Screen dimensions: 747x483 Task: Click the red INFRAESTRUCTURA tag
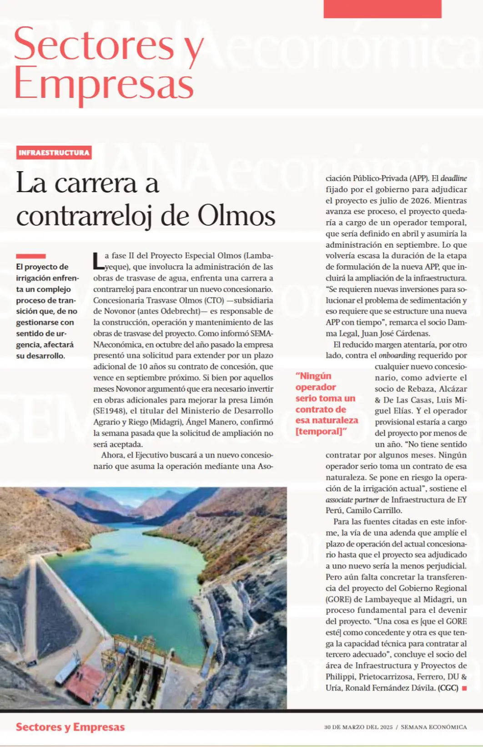pos(54,152)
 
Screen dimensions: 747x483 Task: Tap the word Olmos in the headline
pos(236,216)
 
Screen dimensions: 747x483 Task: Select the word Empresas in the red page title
pos(104,83)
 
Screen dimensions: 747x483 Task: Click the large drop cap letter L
pos(98,261)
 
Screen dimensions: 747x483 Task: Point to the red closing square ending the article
pos(464,688)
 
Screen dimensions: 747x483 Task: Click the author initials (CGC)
pos(448,688)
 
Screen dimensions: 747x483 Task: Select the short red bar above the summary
pos(31,256)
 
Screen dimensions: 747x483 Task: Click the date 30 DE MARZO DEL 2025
pos(358,727)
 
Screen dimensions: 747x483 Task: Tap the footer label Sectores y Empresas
pos(70,727)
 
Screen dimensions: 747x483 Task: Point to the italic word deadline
pos(453,178)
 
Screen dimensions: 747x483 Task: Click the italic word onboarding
pos(397,356)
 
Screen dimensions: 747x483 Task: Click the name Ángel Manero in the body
pos(211,422)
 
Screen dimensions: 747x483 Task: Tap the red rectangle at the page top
pos(382,9)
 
